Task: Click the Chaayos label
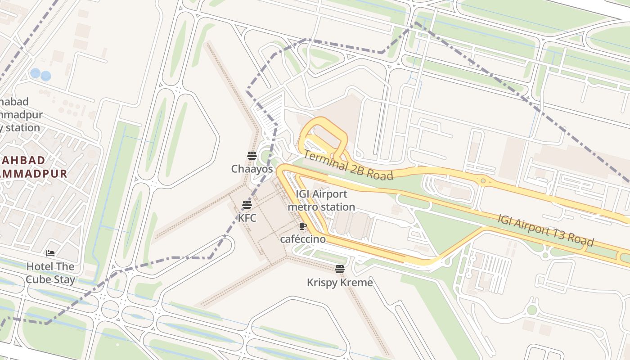(252, 169)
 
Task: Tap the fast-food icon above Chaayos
(252, 156)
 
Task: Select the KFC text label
(247, 218)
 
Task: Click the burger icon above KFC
(247, 205)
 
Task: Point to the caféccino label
(303, 239)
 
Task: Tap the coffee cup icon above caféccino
(303, 226)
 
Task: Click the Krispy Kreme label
(340, 283)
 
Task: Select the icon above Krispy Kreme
(340, 269)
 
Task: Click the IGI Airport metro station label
(321, 201)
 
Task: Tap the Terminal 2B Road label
(348, 165)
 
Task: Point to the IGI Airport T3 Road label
(545, 230)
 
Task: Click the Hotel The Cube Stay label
(50, 273)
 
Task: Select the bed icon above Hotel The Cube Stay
(50, 253)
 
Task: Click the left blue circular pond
(35, 73)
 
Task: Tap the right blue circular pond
(45, 76)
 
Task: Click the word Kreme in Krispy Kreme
(357, 283)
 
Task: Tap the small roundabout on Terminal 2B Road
(483, 181)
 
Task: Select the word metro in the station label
(301, 207)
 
